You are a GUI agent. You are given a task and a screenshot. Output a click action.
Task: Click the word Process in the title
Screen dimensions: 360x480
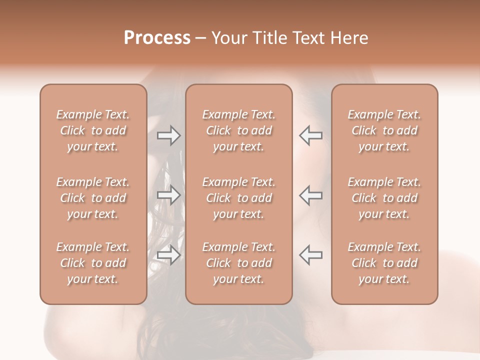pos(157,38)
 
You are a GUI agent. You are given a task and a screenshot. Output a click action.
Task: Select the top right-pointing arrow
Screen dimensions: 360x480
pos(168,135)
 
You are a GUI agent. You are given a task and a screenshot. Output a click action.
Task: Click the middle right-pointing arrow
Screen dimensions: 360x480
pos(168,195)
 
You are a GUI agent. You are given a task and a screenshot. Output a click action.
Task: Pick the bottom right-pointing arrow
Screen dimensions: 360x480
pos(168,255)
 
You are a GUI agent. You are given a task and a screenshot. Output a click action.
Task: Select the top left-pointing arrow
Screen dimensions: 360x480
pos(310,135)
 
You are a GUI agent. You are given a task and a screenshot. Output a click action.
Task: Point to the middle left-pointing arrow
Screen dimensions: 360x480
pos(310,195)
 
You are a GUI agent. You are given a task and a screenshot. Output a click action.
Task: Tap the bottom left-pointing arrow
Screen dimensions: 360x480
pos(310,255)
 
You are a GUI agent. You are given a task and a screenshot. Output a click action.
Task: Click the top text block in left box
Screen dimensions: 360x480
pos(93,130)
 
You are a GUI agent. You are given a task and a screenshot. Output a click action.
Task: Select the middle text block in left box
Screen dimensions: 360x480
pos(93,198)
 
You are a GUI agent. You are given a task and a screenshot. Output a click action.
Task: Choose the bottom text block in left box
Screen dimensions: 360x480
pos(93,263)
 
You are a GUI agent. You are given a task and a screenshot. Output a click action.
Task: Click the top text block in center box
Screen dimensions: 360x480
pos(239,130)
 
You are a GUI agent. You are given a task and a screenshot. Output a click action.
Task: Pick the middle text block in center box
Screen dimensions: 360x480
pos(239,198)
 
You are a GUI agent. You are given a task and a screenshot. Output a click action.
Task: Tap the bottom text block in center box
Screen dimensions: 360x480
pos(239,263)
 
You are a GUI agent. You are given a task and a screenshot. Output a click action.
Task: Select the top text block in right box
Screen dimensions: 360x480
pos(384,130)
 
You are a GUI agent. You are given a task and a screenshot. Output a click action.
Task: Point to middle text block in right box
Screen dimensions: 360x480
pos(384,198)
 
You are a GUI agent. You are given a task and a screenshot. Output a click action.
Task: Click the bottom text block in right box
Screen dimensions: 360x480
pos(384,263)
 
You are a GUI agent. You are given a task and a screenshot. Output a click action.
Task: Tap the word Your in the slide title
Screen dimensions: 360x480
pos(228,38)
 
